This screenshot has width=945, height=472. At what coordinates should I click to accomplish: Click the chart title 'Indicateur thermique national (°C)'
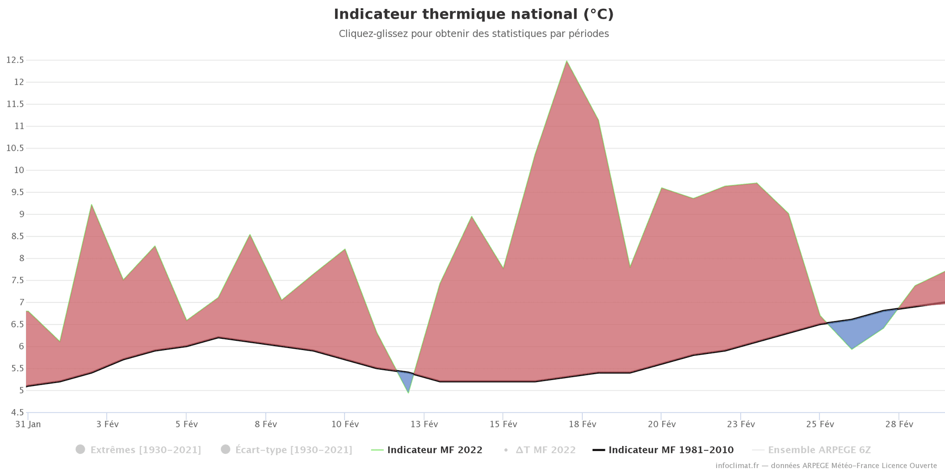click(473, 14)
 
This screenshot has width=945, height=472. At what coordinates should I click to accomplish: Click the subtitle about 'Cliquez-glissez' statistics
click(473, 34)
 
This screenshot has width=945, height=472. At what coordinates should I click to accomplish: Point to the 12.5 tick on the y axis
click(15, 60)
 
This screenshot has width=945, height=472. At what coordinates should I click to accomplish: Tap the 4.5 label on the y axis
click(15, 413)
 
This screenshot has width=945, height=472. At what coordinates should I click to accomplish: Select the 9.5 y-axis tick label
click(15, 192)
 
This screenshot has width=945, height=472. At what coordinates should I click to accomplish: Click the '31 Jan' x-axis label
click(28, 424)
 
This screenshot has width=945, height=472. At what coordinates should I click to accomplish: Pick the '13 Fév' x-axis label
click(424, 424)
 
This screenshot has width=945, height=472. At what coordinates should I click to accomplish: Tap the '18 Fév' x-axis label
click(582, 424)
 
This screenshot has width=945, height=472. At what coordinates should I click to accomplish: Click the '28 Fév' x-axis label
click(899, 424)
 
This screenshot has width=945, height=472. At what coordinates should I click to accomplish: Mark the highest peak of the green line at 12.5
click(567, 61)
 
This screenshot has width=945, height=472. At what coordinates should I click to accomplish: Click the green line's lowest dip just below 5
click(408, 392)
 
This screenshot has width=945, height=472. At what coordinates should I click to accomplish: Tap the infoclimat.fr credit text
click(826, 466)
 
